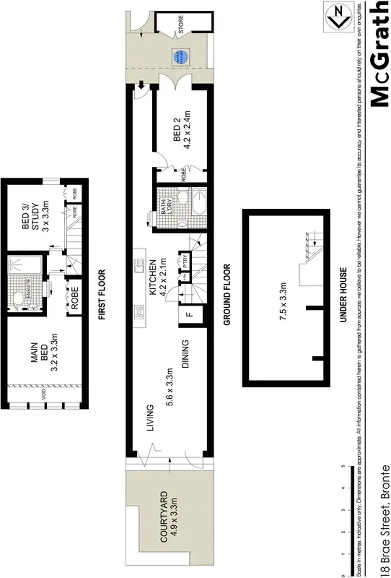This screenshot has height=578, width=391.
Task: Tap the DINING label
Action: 185,354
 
